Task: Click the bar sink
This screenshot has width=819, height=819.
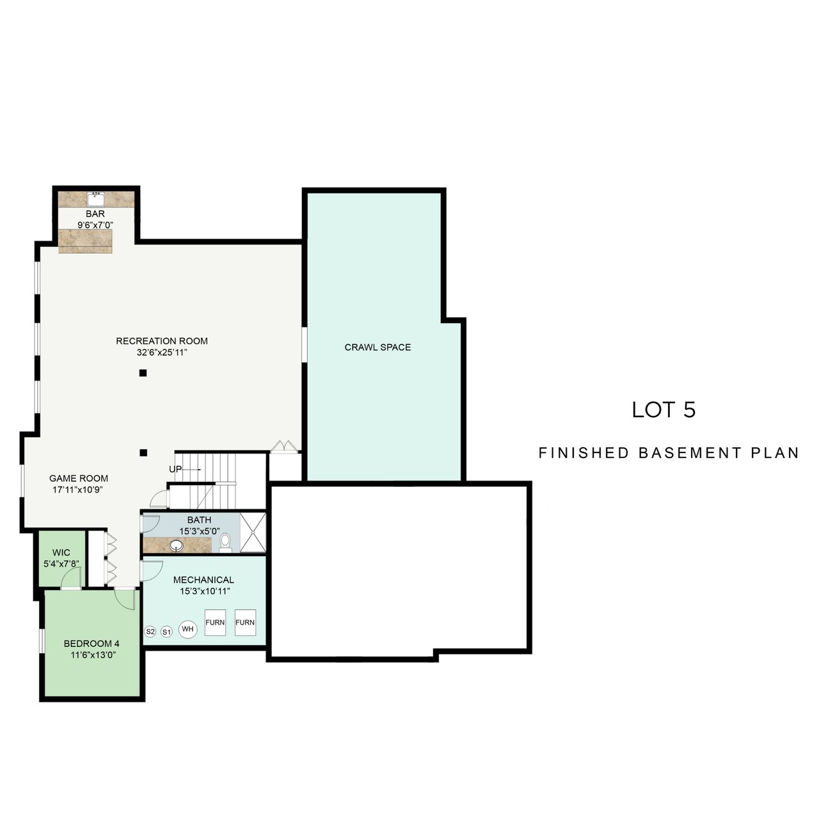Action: point(95,198)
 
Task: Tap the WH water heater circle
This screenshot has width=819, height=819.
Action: point(187,629)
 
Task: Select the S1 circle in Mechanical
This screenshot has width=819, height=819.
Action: point(166,632)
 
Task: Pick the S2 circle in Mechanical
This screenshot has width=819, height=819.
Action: point(150,632)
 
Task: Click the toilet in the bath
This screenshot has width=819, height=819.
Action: point(225,543)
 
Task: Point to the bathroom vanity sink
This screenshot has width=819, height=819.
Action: point(176,545)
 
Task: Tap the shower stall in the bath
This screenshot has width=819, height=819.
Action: point(253,532)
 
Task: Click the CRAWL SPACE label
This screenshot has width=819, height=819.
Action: point(378,347)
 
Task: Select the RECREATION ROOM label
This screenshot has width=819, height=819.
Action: point(162,341)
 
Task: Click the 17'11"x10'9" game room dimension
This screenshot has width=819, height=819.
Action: point(78,489)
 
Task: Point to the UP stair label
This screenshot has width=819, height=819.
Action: point(175,469)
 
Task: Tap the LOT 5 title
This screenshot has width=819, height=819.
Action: point(664,409)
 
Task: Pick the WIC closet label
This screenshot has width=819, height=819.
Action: point(61,553)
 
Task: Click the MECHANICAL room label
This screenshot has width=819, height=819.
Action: point(203,580)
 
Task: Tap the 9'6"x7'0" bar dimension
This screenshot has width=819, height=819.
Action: point(95,225)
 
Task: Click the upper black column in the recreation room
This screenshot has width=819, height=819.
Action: point(143,373)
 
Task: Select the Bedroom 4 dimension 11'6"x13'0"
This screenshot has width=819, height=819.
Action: point(93,655)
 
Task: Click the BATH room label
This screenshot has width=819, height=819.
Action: point(200,520)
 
